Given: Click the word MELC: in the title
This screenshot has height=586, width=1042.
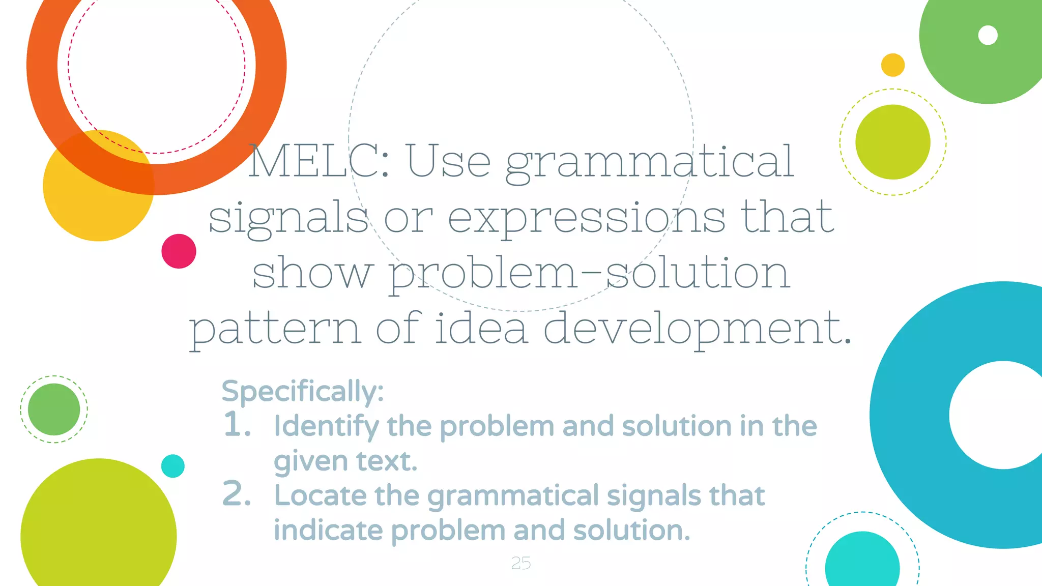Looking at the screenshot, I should pos(319,161).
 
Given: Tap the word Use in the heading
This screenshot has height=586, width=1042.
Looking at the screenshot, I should pos(448,161).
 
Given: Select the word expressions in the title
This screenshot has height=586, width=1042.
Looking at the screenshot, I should pos(587,218).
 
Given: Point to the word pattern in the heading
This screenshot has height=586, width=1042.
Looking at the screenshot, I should pos(275,329).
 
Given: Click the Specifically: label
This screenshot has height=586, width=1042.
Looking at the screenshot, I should pos(303,392).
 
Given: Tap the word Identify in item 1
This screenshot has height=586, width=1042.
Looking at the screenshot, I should pos(326,426).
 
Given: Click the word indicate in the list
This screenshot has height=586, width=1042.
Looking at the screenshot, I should pos(328,530).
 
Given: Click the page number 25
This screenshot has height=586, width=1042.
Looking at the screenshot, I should pos(520,563).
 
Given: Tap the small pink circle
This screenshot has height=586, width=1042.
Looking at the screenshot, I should pos(179,251).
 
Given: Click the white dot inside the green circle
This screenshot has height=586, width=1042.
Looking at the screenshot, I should pos(988,35).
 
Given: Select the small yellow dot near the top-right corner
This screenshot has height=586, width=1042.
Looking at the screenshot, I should pos(892,65).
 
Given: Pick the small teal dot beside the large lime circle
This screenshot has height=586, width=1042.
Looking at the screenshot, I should pos(172,466).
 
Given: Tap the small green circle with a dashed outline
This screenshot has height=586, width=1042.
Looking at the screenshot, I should pos(54,409).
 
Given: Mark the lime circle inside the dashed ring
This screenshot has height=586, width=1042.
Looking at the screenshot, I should pos(892,142).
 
